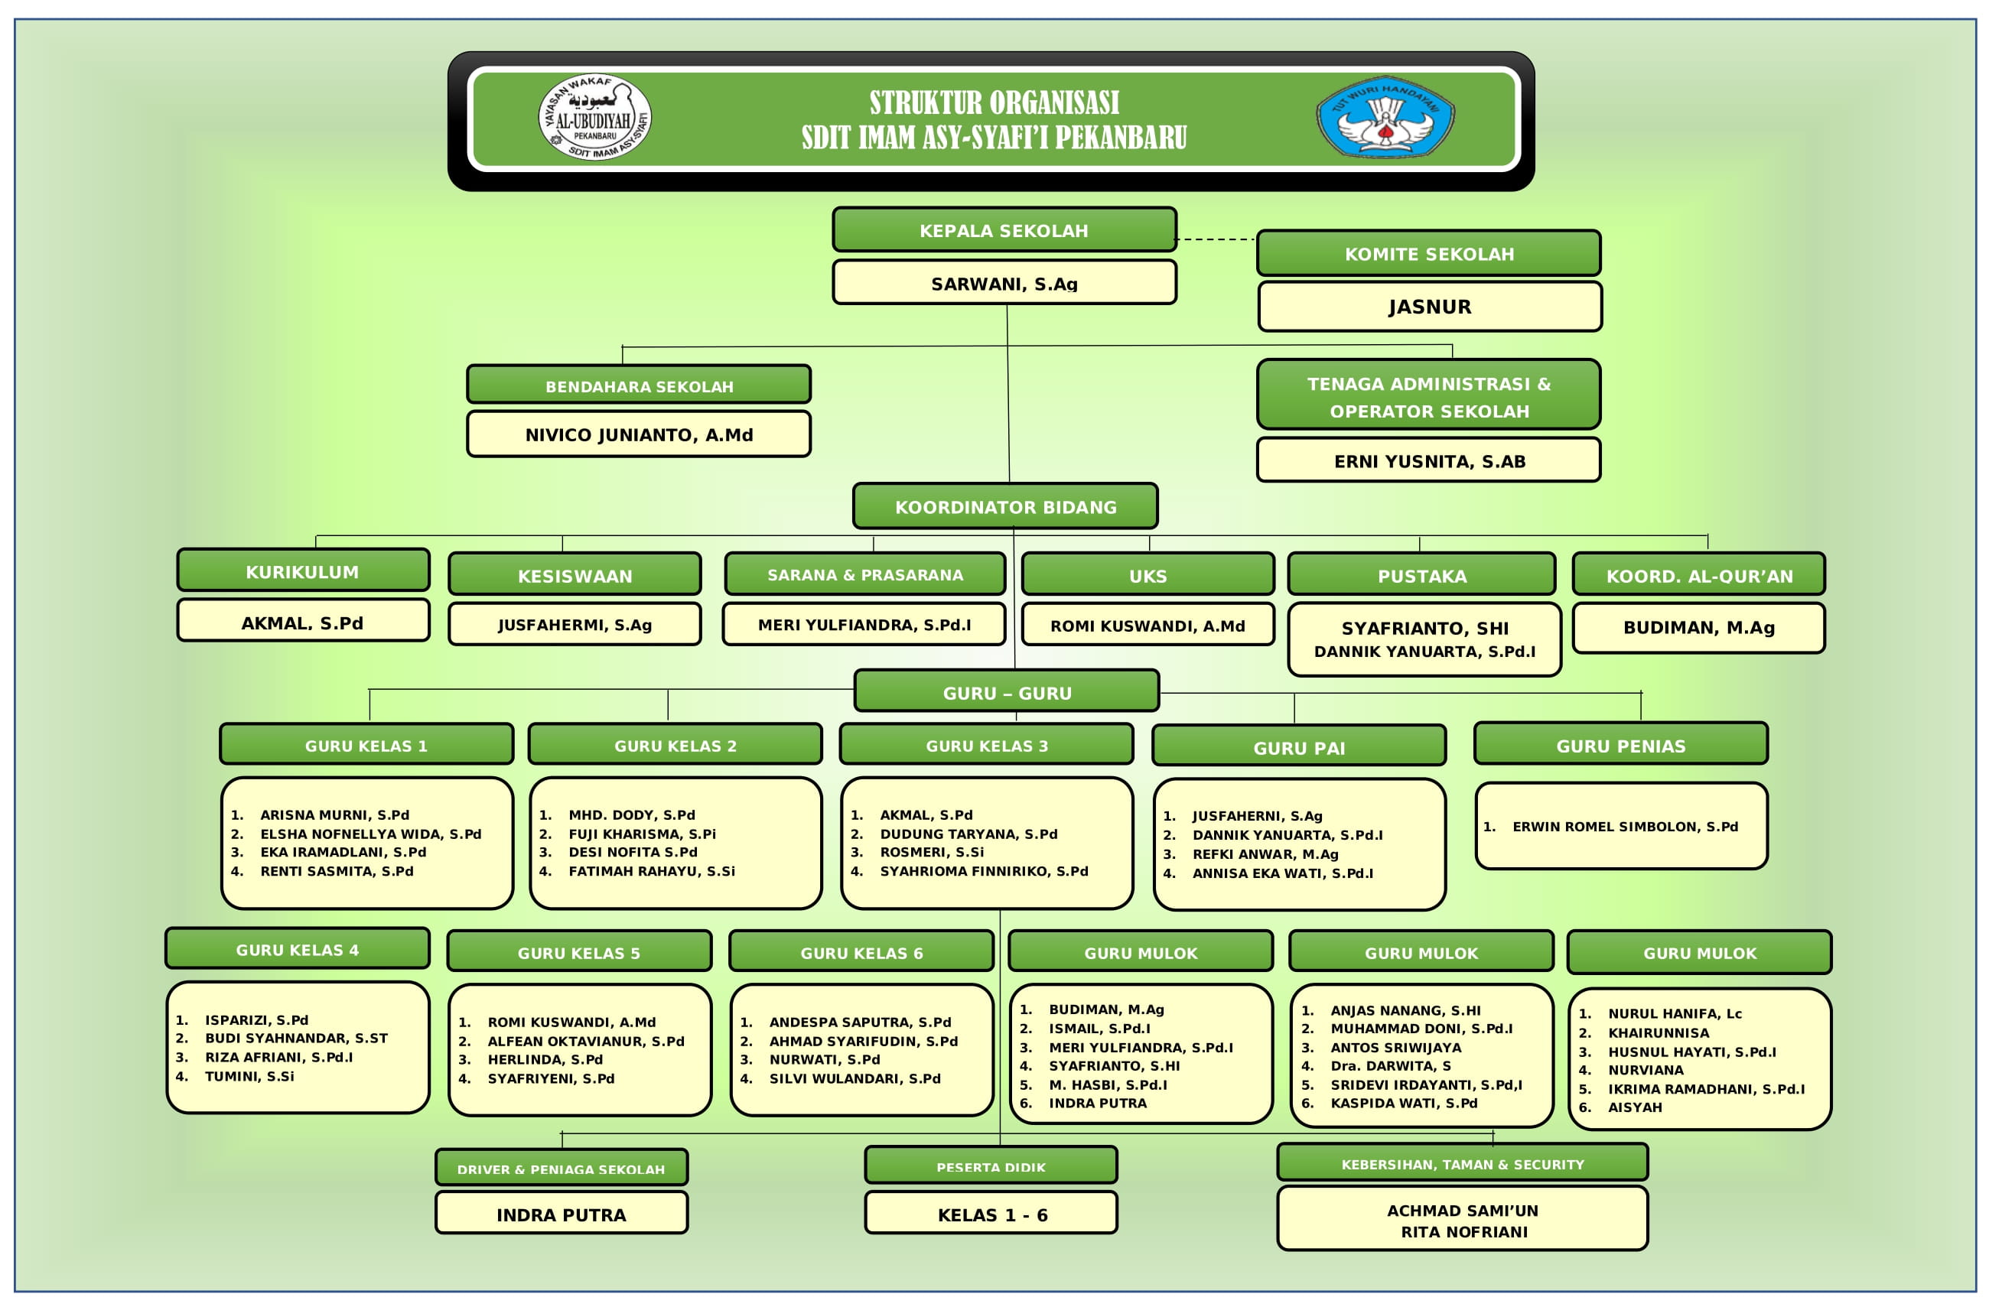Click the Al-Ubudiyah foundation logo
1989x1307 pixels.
click(x=594, y=117)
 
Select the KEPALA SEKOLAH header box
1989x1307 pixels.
click(x=1004, y=229)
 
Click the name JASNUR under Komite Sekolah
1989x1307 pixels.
click(x=1429, y=307)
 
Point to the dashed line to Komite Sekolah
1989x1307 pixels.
click(x=1216, y=239)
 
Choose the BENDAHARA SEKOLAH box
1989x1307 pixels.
click(x=639, y=385)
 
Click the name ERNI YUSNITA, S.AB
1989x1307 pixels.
click(x=1429, y=461)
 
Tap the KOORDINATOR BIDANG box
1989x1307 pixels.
click(x=1005, y=506)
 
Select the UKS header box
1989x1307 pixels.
click(x=1147, y=575)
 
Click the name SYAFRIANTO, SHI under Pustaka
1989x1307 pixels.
click(x=1425, y=629)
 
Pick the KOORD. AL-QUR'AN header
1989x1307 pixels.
click(x=1699, y=575)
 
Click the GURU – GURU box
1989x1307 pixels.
click(x=1006, y=692)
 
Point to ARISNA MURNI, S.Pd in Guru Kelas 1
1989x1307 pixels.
click(x=334, y=814)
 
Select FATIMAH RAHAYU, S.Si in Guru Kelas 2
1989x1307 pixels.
click(x=652, y=871)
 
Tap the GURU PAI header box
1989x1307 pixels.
click(x=1299, y=746)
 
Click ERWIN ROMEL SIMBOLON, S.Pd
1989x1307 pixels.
click(x=1625, y=827)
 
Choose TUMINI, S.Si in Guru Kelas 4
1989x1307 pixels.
click(x=249, y=1076)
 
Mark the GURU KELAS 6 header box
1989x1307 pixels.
click(x=861, y=952)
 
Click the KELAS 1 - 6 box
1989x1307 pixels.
click(x=991, y=1214)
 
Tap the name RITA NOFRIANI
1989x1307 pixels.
click(x=1463, y=1232)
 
